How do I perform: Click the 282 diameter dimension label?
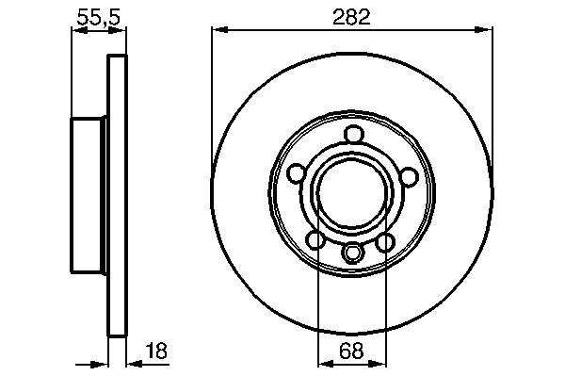(351, 17)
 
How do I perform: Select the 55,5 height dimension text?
(99, 17)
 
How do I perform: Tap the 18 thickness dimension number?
(156, 351)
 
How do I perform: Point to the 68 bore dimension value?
(351, 351)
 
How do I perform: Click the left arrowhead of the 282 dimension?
(219, 30)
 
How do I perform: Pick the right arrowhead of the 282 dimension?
(484, 30)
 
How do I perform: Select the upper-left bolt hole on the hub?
(297, 172)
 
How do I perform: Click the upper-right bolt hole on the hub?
(409, 177)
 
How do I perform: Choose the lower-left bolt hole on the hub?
(315, 239)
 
